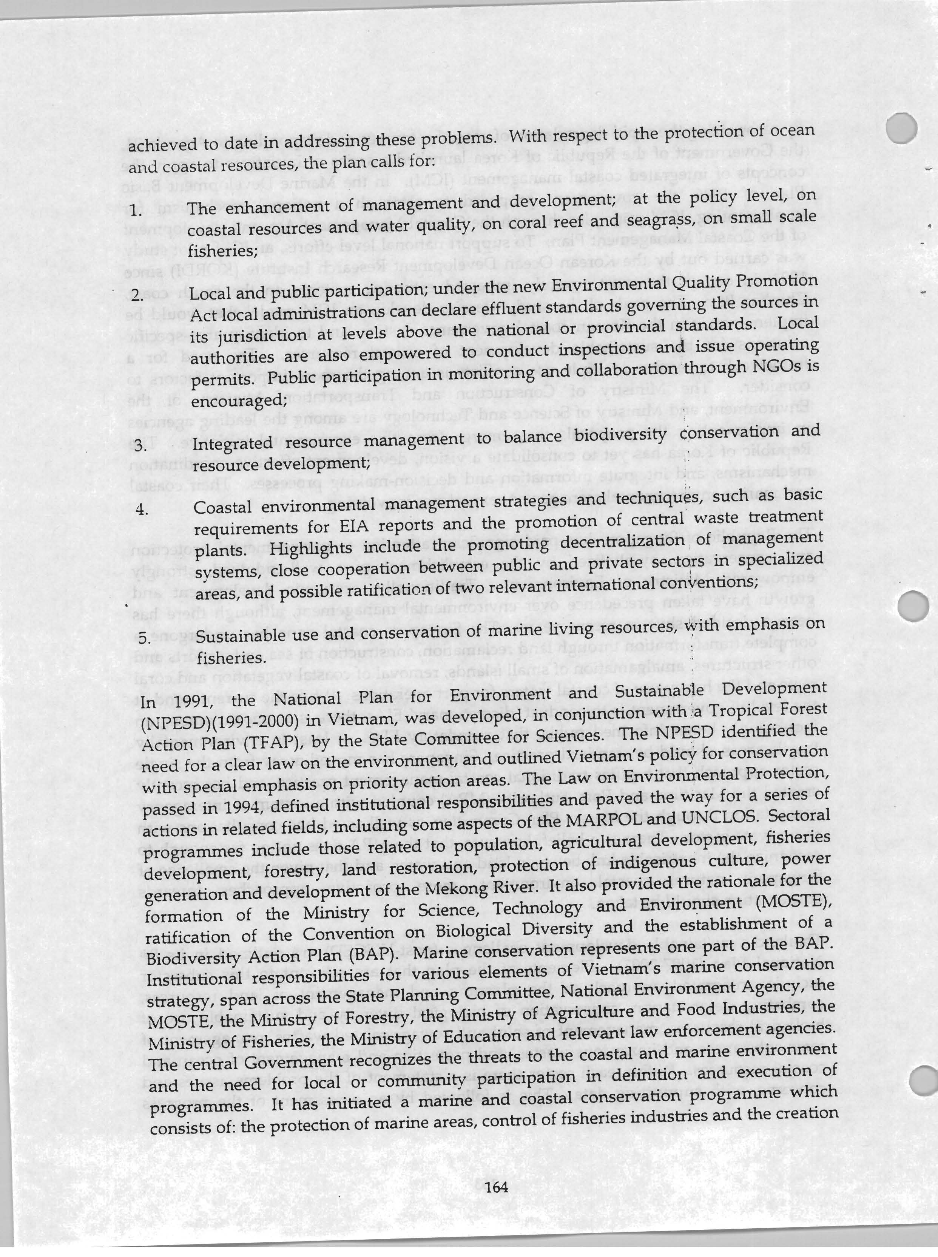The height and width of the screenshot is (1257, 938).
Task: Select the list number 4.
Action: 142,510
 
